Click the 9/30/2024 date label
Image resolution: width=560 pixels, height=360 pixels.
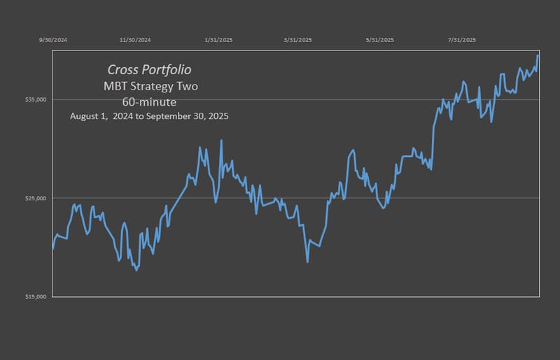coord(53,40)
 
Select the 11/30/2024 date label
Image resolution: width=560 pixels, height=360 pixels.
coord(135,40)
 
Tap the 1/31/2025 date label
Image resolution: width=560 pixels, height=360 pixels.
coord(218,40)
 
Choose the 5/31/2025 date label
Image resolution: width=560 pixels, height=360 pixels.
coord(380,40)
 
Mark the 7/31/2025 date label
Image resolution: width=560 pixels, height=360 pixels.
coord(461,40)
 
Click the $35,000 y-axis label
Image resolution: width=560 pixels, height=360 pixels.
coord(36,100)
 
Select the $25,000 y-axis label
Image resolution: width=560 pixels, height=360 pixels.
coord(36,199)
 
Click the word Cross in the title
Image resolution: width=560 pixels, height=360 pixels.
coord(122,70)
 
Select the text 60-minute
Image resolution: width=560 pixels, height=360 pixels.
coord(149,102)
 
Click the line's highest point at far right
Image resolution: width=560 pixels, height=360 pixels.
coord(538,55)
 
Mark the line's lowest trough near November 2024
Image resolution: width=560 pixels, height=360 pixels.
coord(136,270)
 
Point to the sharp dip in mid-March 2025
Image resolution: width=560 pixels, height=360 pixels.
coord(307,262)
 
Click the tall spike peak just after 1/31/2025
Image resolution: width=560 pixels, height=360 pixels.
coord(221,141)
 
